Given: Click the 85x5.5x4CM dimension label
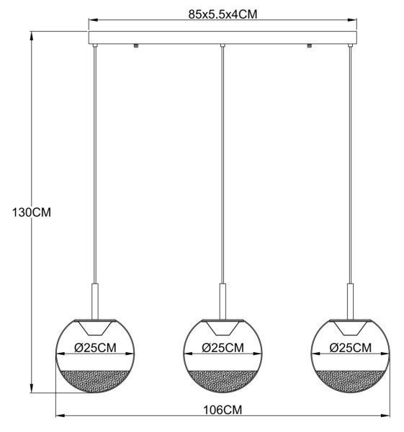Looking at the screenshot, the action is tap(223, 14).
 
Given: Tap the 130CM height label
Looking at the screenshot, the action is tap(32, 212).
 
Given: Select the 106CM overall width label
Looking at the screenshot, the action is tap(223, 410).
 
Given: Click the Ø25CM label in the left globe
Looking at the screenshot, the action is tap(95, 348).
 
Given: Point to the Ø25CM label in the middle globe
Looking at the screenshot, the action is tap(223, 348).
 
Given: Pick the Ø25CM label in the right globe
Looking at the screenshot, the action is tap(351, 348).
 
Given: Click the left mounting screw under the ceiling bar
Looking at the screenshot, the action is tap(135, 46).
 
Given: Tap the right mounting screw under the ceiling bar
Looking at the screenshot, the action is tap(309, 46).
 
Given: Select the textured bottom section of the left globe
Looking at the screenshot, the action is tap(95, 381).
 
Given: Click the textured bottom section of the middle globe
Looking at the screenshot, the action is tap(223, 381).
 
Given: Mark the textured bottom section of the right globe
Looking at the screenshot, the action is tap(351, 381).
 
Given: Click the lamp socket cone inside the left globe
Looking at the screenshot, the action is tap(95, 328).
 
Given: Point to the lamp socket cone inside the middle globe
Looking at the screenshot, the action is tap(223, 328).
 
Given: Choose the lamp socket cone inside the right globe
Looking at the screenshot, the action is tap(351, 328).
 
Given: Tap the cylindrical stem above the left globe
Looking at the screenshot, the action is tap(95, 302).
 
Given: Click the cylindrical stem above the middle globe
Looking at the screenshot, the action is tap(223, 302).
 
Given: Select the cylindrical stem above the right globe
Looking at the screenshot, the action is tap(350, 302).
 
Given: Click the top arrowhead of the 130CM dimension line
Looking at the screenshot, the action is tap(32, 37).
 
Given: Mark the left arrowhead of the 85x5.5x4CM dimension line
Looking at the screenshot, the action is tap(94, 20).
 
